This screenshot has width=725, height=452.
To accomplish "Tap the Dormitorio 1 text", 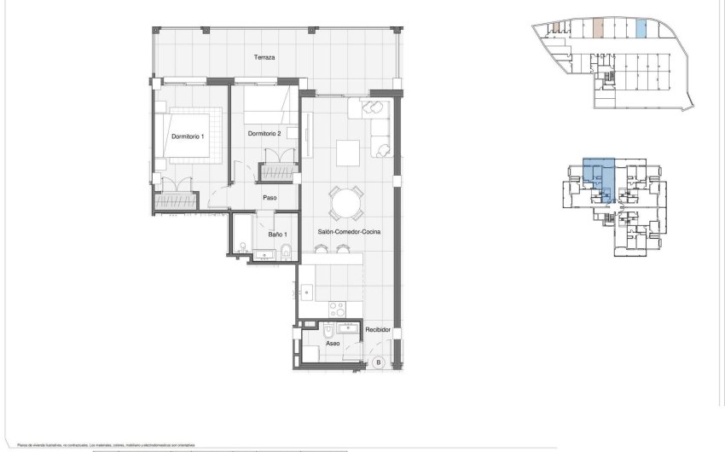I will [187, 136].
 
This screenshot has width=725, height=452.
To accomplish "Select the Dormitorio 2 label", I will [264, 134].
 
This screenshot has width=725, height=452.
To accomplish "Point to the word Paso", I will [270, 198].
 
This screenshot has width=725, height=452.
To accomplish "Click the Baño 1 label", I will [277, 234].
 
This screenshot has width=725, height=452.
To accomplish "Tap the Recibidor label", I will [377, 330].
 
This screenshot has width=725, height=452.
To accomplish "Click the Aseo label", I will [333, 345].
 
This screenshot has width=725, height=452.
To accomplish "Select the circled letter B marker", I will [378, 362].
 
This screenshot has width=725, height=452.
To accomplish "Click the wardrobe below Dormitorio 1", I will [176, 202].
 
